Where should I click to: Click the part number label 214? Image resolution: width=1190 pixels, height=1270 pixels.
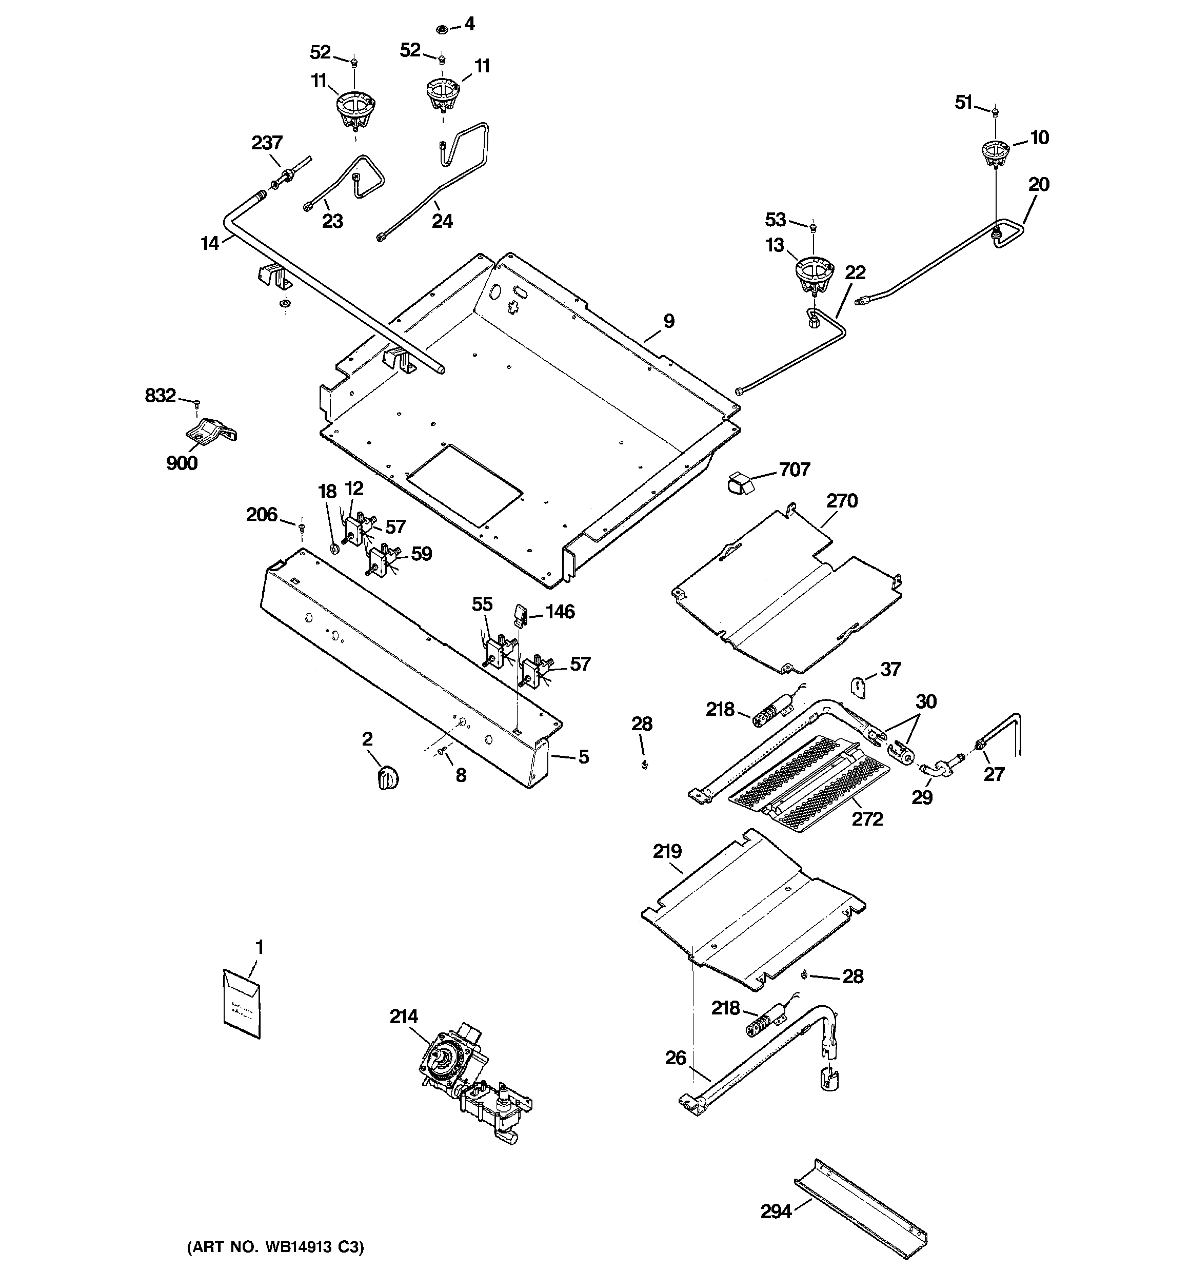pos(404,1017)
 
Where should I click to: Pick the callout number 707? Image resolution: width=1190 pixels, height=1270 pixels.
pos(795,470)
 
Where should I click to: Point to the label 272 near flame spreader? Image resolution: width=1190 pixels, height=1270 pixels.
pos(867,818)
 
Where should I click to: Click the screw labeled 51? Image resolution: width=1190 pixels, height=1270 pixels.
pos(996,113)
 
